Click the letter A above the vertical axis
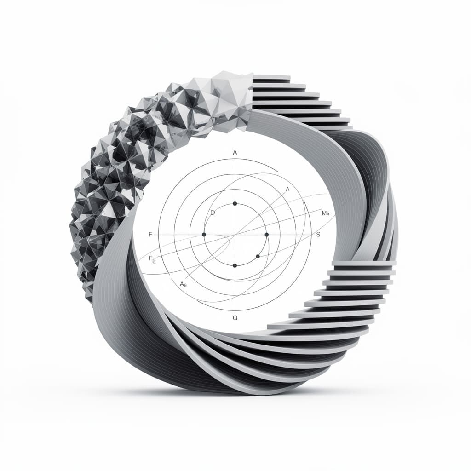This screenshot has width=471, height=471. click(x=235, y=153)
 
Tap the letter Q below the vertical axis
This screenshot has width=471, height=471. click(x=235, y=318)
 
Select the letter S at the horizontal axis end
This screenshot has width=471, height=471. click(x=318, y=234)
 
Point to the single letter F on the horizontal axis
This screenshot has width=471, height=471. click(x=150, y=234)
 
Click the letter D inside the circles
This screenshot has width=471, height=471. click(x=213, y=213)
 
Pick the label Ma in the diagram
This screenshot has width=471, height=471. click(x=326, y=213)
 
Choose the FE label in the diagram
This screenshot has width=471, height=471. click(x=153, y=259)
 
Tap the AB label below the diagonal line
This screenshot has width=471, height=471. click(x=183, y=284)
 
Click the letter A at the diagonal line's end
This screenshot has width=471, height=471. click(x=287, y=190)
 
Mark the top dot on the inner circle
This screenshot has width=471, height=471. click(x=235, y=204)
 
